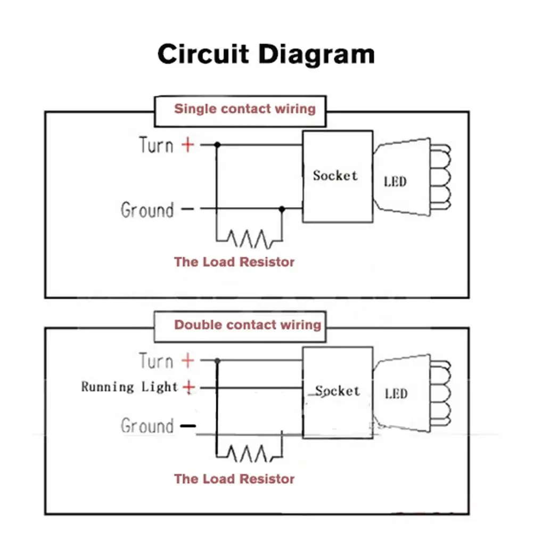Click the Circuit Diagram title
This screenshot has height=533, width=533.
pos(266,55)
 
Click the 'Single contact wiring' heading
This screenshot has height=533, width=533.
pos(245,109)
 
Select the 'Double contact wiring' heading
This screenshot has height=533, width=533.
pos(248,325)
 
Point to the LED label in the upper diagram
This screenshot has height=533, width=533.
pos(395,182)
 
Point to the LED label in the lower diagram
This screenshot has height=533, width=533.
pos(396,394)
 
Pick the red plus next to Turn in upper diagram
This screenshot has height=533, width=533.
pos(188,144)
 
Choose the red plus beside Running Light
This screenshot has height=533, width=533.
pos(188,387)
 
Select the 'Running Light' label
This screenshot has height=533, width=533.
pos(129,387)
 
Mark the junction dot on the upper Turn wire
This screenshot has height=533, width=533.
pos(217,144)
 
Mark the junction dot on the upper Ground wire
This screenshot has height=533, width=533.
pos(282,209)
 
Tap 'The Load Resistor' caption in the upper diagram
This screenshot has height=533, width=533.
pos(234,262)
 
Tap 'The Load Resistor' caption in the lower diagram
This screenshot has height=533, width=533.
pos(234,479)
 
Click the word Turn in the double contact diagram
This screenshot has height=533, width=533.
pos(156,361)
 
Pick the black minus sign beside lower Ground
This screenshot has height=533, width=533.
pos(187,426)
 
